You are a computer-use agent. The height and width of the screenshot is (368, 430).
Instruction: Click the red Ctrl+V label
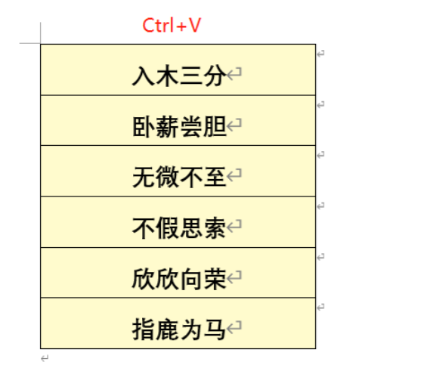click(172, 25)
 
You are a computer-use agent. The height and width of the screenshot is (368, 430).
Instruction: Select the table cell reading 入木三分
click(178, 70)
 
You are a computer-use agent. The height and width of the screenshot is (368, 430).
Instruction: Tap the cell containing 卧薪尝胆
click(178, 120)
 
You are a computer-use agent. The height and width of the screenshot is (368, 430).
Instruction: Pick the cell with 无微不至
click(178, 171)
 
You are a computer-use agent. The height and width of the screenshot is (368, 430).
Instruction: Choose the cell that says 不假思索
click(178, 222)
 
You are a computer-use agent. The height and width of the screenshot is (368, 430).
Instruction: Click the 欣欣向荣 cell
click(178, 273)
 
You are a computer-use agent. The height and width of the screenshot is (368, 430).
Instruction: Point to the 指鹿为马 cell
click(178, 323)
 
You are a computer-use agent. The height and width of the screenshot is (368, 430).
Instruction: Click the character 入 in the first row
click(144, 76)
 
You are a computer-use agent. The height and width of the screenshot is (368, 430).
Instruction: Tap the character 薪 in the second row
click(167, 126)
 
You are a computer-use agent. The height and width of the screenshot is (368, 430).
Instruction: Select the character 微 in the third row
click(167, 177)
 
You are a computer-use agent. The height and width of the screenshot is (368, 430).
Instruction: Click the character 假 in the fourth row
click(167, 228)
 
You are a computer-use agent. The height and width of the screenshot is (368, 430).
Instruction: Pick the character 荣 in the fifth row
click(215, 279)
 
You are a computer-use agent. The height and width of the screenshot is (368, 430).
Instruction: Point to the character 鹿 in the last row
click(167, 329)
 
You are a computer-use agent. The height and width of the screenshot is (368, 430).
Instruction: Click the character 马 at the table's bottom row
click(215, 329)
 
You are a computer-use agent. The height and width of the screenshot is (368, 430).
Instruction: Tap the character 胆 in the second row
click(215, 126)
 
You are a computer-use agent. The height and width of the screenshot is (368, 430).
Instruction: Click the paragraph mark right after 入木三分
click(234, 74)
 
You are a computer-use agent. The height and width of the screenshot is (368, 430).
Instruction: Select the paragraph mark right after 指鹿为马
click(234, 327)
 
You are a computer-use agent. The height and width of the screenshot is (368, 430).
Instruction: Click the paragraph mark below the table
click(45, 358)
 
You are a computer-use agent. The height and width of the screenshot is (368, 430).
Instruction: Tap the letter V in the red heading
click(195, 25)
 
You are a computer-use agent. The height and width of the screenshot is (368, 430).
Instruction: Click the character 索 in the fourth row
click(215, 228)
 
